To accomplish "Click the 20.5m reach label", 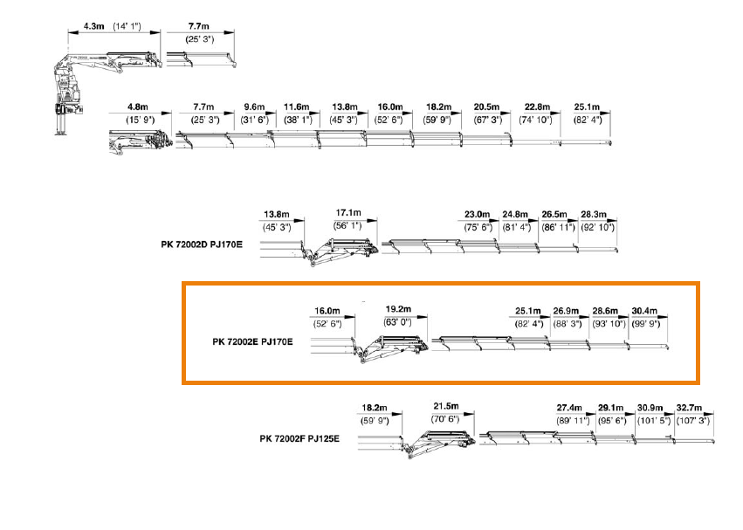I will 487,106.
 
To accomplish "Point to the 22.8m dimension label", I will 536,106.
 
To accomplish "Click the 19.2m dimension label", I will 398,309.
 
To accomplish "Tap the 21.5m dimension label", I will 446,406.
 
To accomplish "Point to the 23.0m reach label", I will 478,214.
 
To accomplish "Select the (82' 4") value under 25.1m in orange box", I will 529,324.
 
